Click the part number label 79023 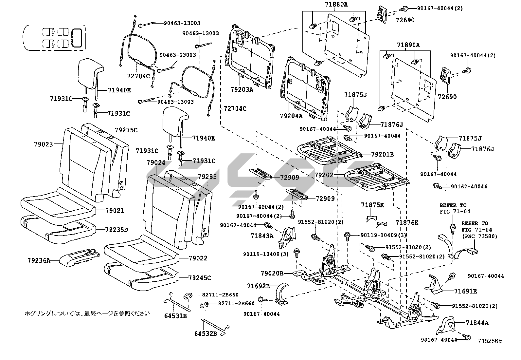pyautogui.click(x=43, y=144)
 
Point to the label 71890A pyautogui.click(x=408, y=45)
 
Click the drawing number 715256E pyautogui.click(x=490, y=341)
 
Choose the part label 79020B pyautogui.click(x=272, y=273)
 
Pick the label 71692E pyautogui.click(x=259, y=286)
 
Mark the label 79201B pyautogui.click(x=382, y=154)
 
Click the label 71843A pyautogui.click(x=262, y=236)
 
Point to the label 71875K pyautogui.click(x=372, y=205)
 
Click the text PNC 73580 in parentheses pyautogui.click(x=479, y=236)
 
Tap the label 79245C pyautogui.click(x=199, y=278)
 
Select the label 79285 pyautogui.click(x=207, y=177)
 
